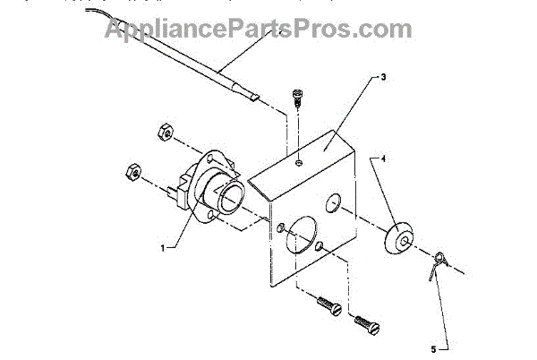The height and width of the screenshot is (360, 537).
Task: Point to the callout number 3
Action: point(382,77)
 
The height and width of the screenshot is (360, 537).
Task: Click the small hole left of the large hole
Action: point(280,225)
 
